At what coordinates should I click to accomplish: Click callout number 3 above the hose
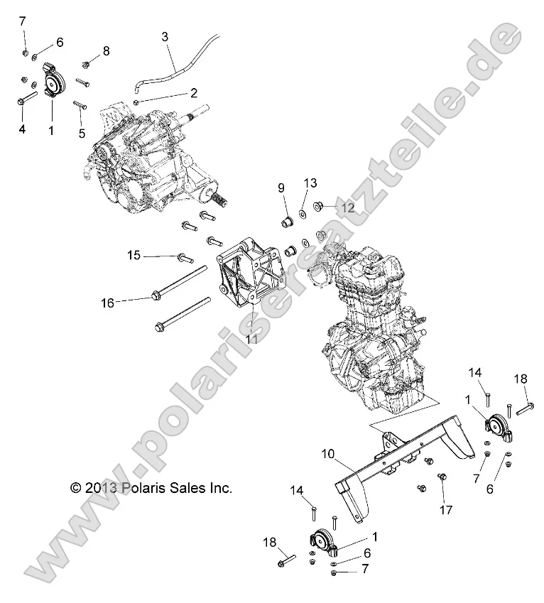click(165, 35)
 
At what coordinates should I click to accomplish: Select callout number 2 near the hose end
click(173, 92)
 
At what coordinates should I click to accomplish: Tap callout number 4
click(21, 129)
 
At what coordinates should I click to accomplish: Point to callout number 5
click(82, 132)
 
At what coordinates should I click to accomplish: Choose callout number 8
click(106, 50)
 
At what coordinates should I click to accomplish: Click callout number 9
click(281, 188)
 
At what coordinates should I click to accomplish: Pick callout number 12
click(347, 208)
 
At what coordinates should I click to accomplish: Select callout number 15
click(134, 255)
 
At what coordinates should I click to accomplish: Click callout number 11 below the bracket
click(251, 339)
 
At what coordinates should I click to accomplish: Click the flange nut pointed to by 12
click(319, 207)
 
